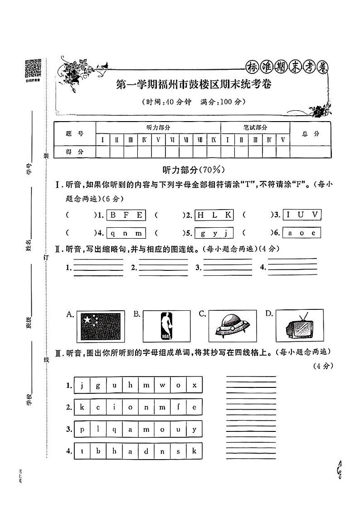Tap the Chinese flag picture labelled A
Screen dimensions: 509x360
(100, 326)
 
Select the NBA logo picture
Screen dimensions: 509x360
(166, 326)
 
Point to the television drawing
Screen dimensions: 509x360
(299, 326)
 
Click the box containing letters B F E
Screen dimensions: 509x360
(126, 215)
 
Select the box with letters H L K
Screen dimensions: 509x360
(214, 215)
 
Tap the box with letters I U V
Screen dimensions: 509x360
(302, 215)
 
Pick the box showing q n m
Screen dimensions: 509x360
(126, 234)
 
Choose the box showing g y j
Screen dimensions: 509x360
(214, 234)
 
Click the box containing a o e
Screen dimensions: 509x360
(302, 234)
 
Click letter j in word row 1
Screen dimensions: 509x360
(82, 386)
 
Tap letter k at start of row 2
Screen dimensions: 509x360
(82, 407)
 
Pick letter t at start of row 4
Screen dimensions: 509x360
(82, 451)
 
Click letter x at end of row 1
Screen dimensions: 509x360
(194, 386)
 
